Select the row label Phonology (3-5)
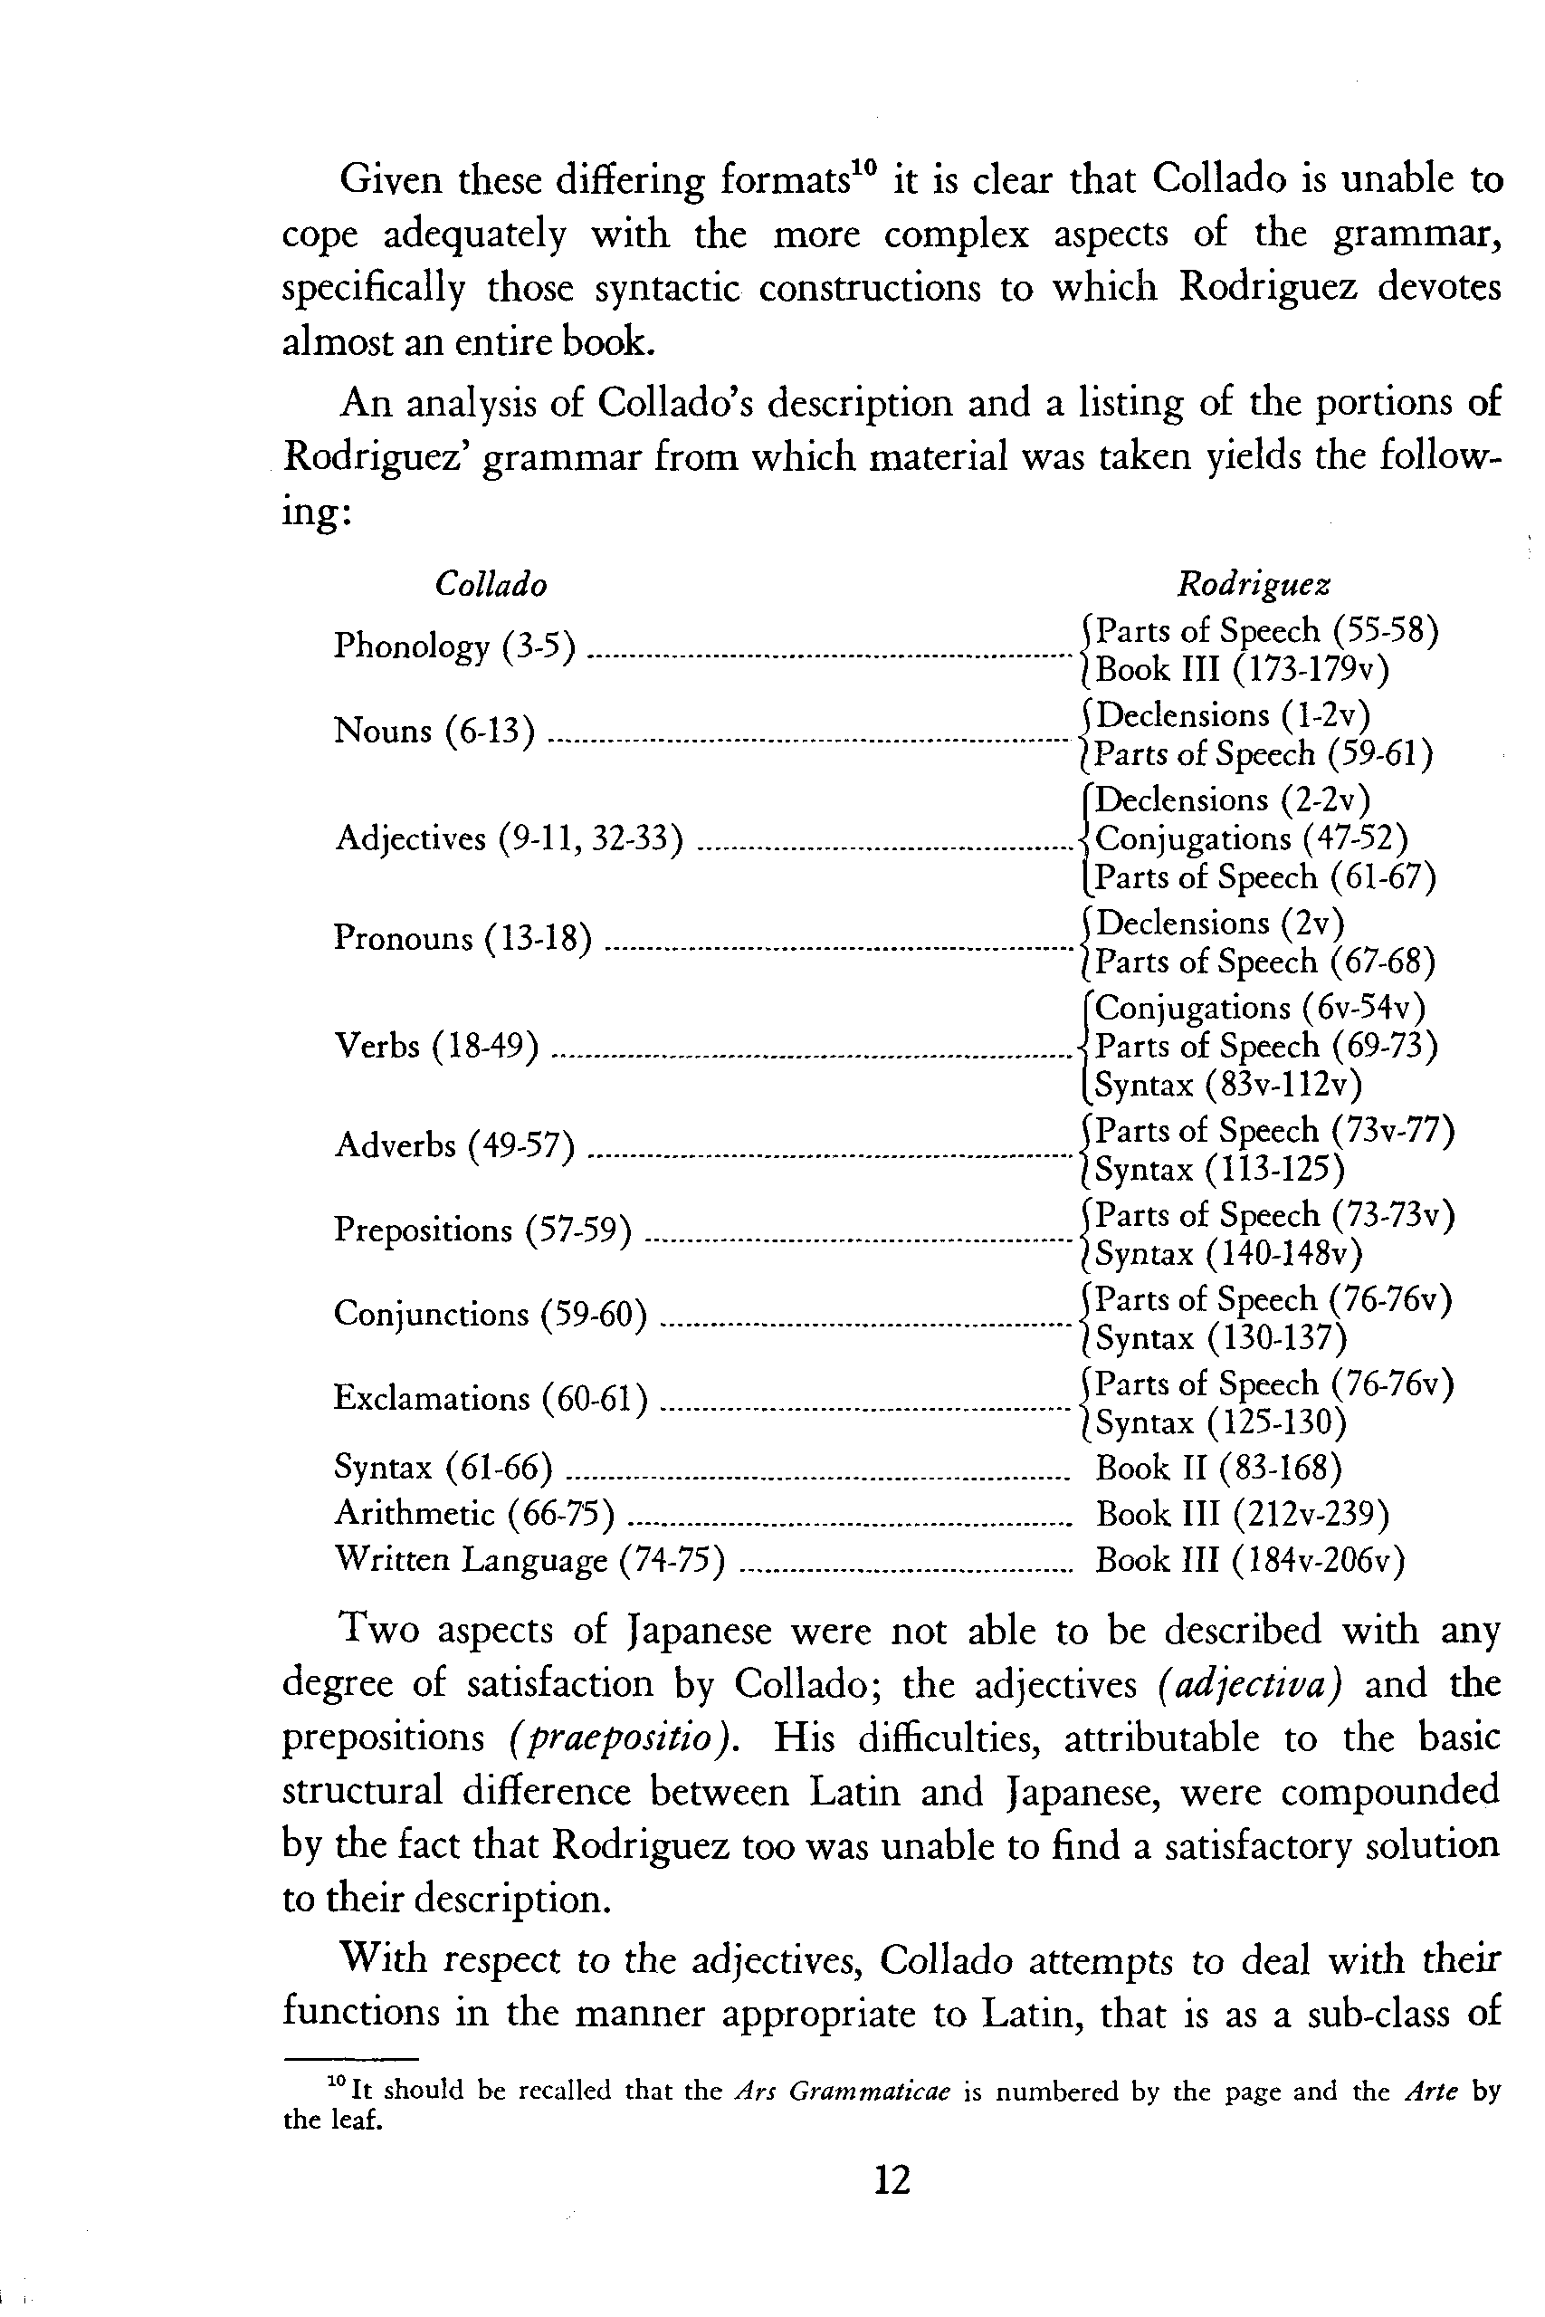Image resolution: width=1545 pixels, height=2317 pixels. pyautogui.click(x=454, y=646)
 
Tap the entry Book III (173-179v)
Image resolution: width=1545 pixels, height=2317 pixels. pyautogui.click(x=1242, y=670)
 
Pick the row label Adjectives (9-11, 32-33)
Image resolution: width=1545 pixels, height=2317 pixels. pyautogui.click(x=509, y=838)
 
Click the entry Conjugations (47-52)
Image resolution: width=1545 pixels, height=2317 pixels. pyautogui.click(x=1252, y=838)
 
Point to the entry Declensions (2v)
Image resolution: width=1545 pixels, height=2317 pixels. pyautogui.click(x=1219, y=924)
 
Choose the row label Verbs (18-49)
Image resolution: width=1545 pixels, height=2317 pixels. pyautogui.click(x=436, y=1046)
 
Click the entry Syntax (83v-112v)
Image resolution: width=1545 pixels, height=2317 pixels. pyautogui.click(x=1227, y=1085)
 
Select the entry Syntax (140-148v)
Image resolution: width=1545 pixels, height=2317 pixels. pyautogui.click(x=1227, y=1255)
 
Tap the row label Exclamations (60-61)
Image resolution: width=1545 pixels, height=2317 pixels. pyautogui.click(x=490, y=1399)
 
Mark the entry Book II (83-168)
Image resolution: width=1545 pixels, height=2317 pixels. pyautogui.click(x=1218, y=1469)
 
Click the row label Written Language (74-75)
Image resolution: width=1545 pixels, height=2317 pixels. pyautogui.click(x=529, y=1559)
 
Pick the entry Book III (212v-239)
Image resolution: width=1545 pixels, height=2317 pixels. pyautogui.click(x=1242, y=1514)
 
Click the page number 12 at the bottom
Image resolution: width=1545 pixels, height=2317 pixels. pyautogui.click(x=892, y=2179)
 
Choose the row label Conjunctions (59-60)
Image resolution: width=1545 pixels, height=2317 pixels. pyautogui.click(x=490, y=1314)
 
